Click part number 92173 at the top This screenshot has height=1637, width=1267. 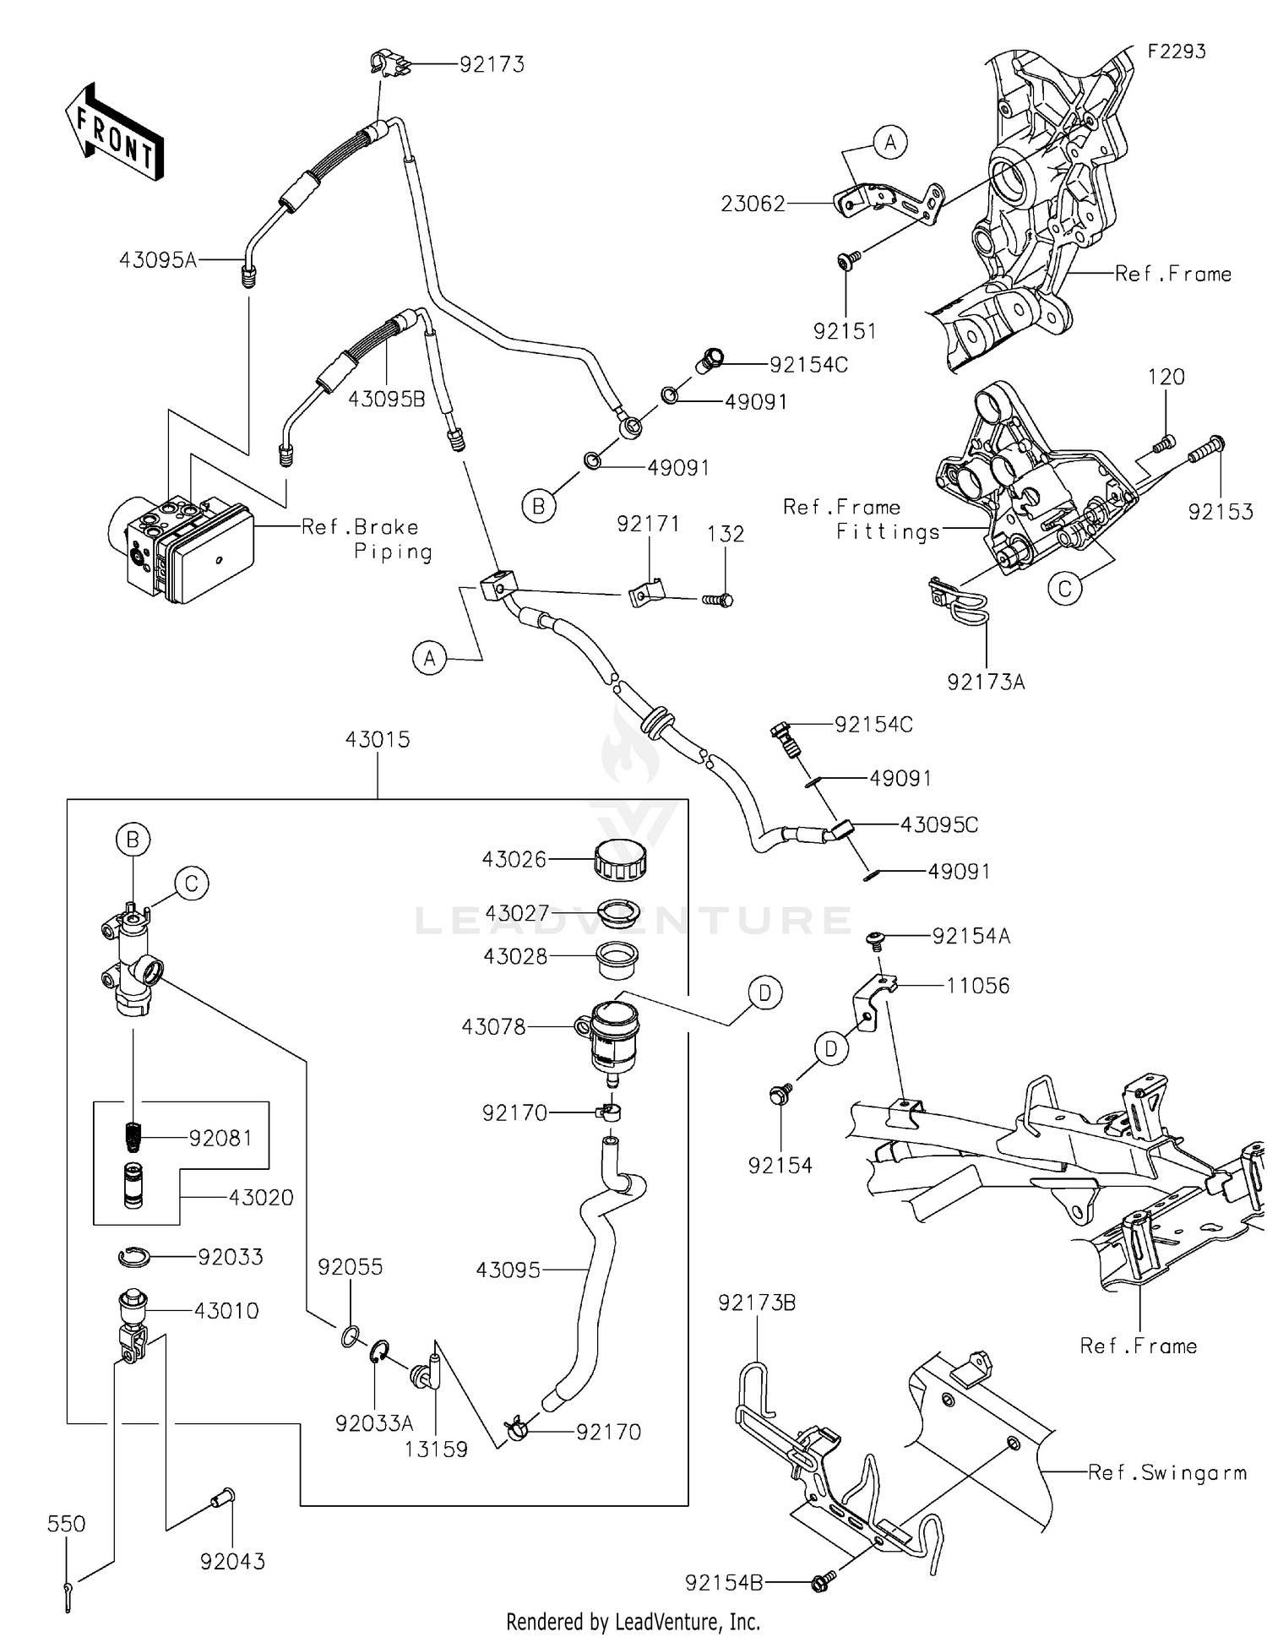tap(492, 64)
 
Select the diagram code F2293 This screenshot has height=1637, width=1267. tap(1176, 52)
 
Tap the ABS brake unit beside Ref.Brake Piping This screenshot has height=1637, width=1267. tap(181, 548)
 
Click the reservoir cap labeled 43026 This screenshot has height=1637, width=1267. tap(620, 860)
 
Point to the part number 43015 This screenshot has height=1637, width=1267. tap(377, 739)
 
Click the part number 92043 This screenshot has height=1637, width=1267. tap(232, 1561)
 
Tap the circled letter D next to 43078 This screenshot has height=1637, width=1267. tap(764, 993)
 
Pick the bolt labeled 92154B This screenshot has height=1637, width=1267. tap(822, 1582)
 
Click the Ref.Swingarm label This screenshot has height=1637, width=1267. tap(1166, 1472)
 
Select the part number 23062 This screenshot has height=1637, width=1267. tap(753, 204)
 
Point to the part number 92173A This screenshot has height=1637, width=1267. tap(986, 682)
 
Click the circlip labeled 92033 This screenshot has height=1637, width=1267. tap(133, 1258)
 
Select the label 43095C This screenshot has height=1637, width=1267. tap(938, 824)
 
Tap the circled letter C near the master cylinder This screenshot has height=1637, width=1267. tap(192, 884)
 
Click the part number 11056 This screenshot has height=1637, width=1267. tap(977, 985)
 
